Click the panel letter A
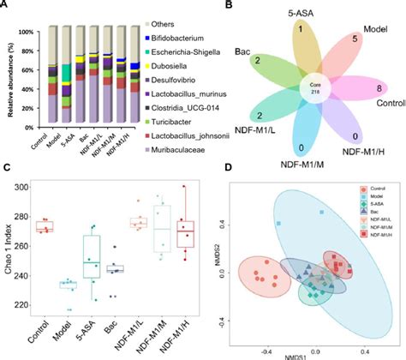pyautogui.click(x=8, y=8)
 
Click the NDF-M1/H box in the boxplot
pyautogui.click(x=184, y=232)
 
